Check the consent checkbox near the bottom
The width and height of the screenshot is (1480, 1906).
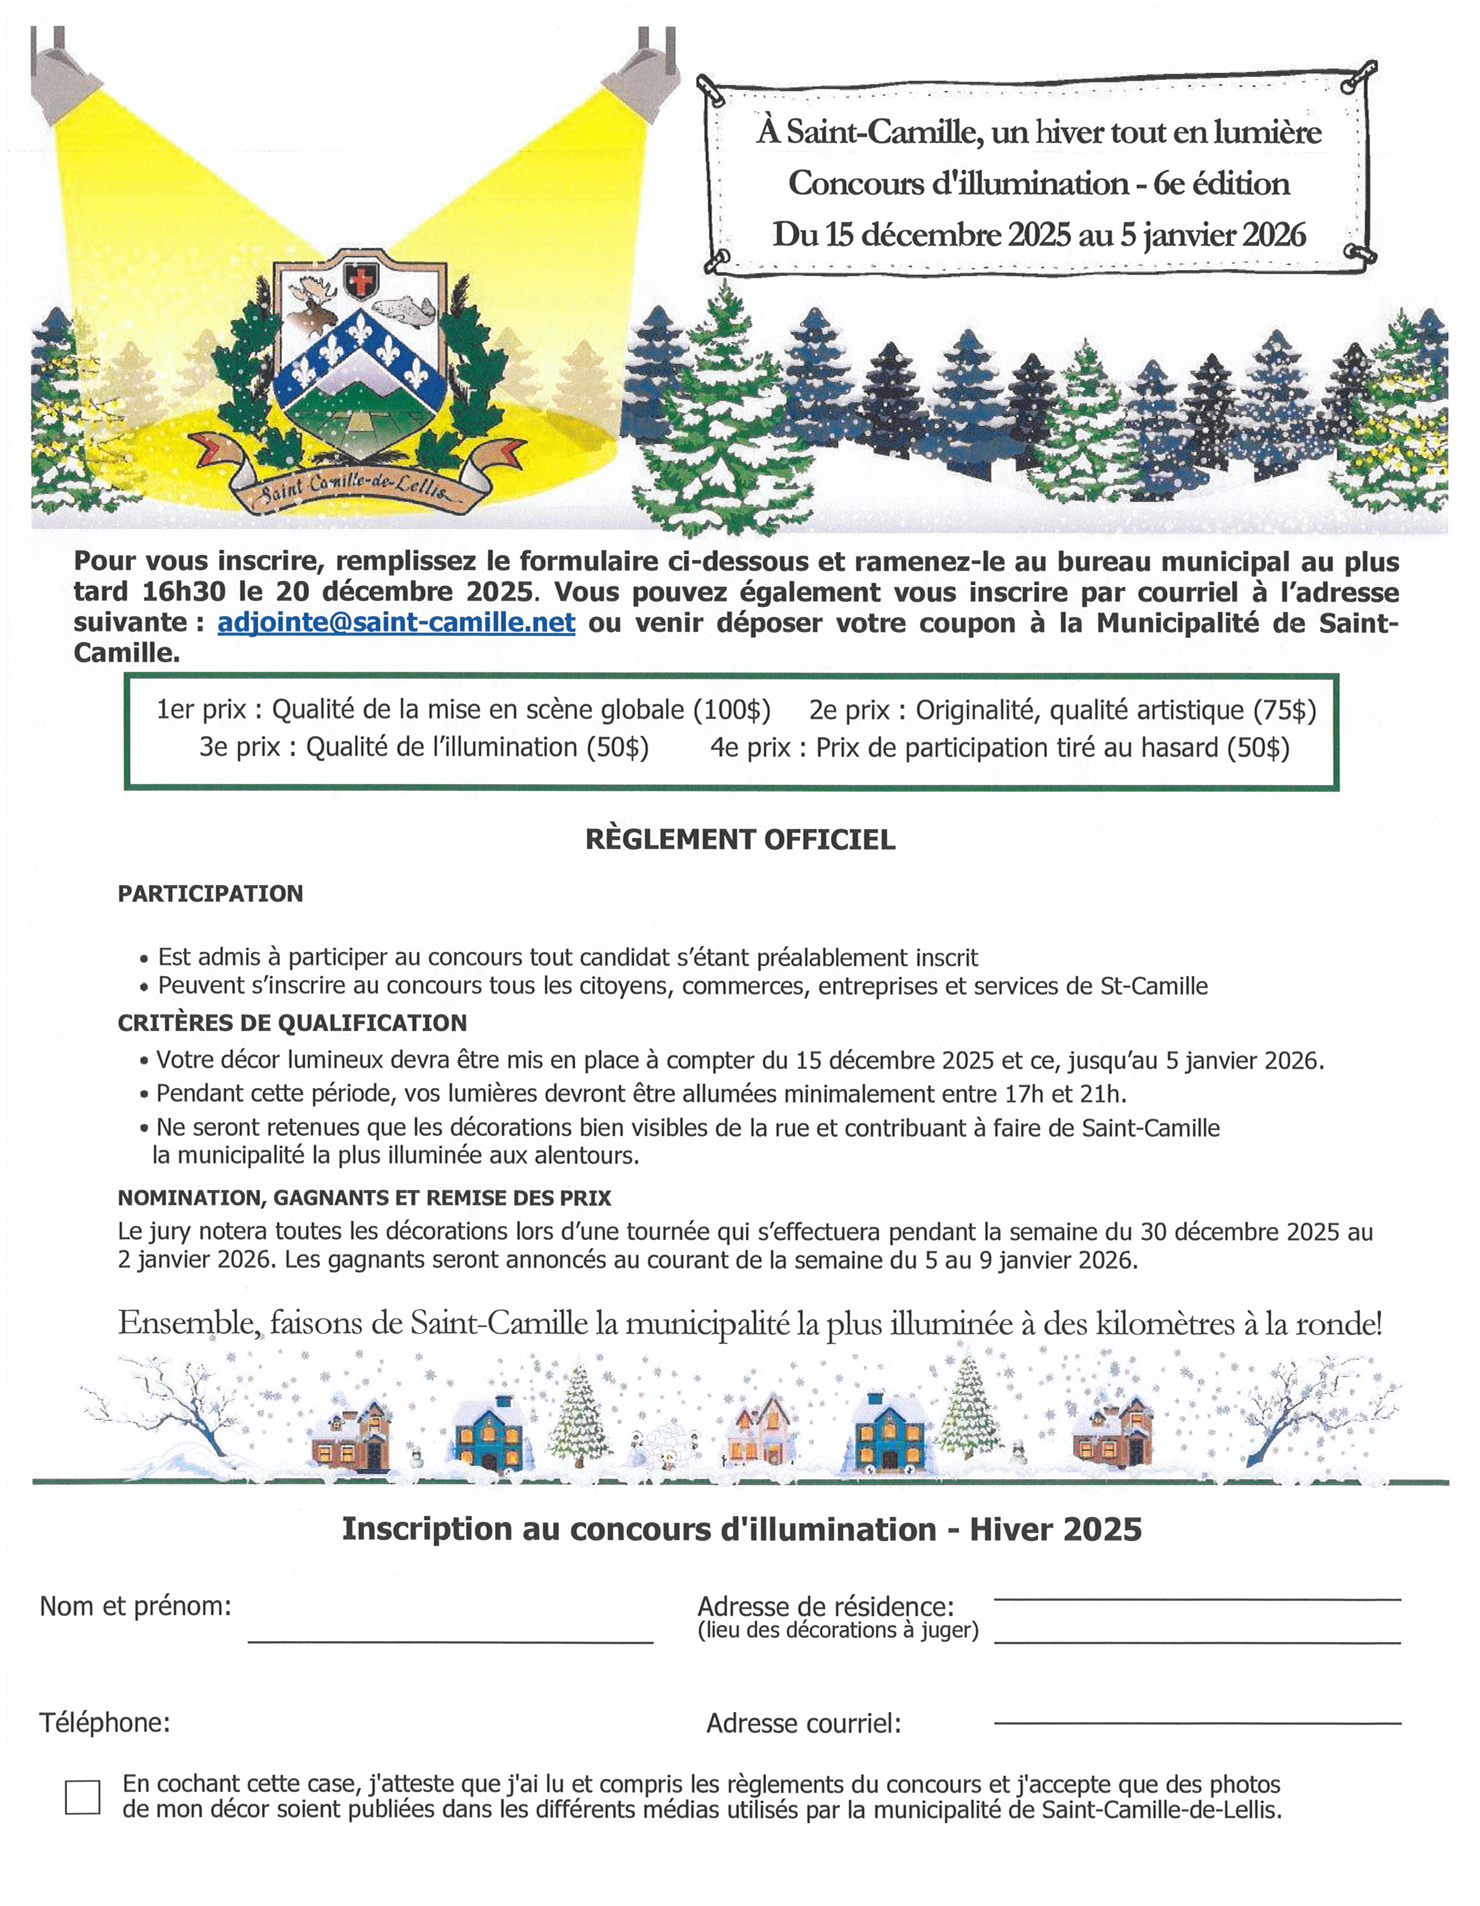(x=82, y=1797)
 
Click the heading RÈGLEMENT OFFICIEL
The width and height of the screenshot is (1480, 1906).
(x=740, y=840)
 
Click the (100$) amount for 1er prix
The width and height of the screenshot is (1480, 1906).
(x=731, y=710)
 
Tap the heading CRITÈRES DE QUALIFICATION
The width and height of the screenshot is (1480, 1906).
(x=293, y=1023)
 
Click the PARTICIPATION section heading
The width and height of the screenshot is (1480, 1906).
(x=210, y=893)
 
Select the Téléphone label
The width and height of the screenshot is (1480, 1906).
(x=105, y=1723)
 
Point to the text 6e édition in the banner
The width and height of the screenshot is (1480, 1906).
(x=1221, y=183)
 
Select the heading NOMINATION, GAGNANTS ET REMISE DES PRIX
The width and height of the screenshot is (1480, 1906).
(x=365, y=1198)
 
